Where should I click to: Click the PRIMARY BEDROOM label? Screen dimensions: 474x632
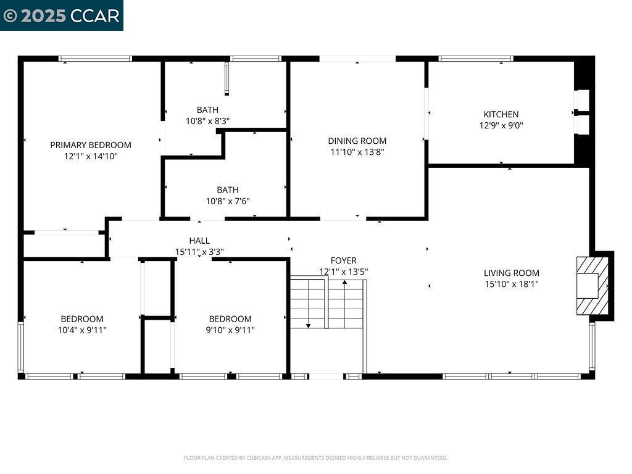click(x=91, y=145)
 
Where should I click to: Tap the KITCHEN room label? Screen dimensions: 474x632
click(x=501, y=114)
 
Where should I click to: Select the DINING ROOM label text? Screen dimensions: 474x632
click(x=357, y=141)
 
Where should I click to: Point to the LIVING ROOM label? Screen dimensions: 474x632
click(x=511, y=273)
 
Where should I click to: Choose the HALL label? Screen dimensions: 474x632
click(x=199, y=241)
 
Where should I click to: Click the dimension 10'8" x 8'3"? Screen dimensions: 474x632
click(x=208, y=121)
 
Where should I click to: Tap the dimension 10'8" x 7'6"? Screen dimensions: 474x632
click(x=227, y=201)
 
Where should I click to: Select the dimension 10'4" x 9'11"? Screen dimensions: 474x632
click(x=82, y=330)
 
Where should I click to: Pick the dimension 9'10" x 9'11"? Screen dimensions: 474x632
click(x=230, y=330)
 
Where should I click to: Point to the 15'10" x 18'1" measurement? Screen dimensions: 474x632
click(x=511, y=284)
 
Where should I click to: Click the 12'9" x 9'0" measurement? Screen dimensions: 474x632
click(x=501, y=125)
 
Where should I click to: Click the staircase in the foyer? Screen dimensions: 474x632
click(x=327, y=304)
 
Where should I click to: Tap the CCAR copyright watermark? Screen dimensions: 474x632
click(x=61, y=15)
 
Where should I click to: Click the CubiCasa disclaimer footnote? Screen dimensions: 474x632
click(x=315, y=458)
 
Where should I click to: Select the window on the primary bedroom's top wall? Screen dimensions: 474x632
click(x=95, y=59)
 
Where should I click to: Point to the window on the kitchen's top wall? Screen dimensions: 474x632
click(x=475, y=59)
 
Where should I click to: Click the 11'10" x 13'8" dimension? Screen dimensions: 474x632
click(x=357, y=152)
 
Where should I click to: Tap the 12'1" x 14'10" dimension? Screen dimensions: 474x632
click(x=91, y=156)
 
